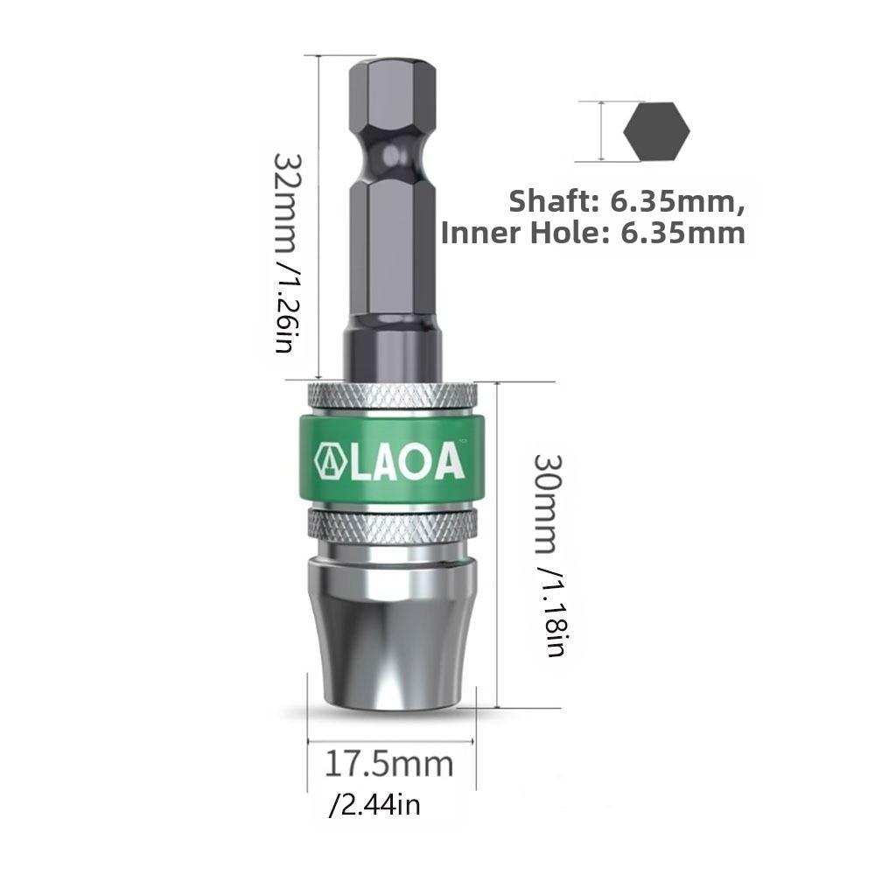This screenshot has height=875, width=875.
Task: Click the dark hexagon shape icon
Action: coord(656,132)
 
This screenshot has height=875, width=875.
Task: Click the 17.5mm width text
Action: coord(389,764)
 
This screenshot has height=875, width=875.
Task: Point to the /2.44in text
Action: coord(374,803)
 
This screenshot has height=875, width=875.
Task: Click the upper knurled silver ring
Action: coord(391,395)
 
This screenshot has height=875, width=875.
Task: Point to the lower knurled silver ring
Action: coord(391,525)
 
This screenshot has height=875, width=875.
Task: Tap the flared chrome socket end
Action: coord(391,630)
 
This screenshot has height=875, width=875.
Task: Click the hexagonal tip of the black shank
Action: coord(391,87)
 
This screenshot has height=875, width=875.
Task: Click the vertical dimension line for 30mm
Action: coord(497,542)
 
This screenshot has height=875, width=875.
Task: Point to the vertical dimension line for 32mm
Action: coord(319,219)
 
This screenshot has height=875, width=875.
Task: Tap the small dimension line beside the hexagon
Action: coord(603,132)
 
